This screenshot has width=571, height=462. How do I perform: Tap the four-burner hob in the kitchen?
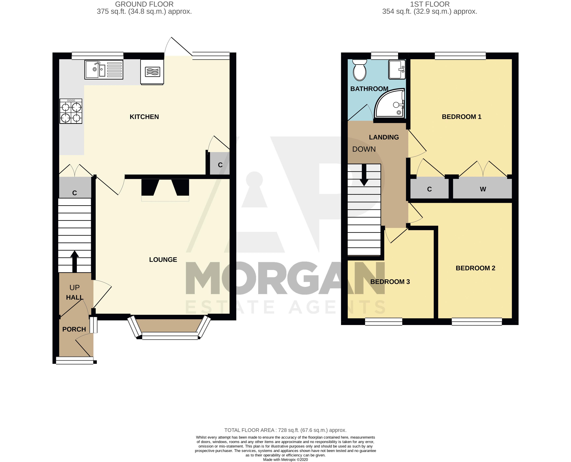(71, 111)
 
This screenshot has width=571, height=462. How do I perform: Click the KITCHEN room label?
(144, 117)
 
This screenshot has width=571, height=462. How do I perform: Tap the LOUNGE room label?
(163, 260)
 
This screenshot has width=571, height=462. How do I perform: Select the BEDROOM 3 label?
(390, 282)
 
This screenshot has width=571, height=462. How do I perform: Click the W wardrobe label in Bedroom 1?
(483, 189)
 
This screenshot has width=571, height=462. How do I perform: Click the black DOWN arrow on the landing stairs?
(364, 175)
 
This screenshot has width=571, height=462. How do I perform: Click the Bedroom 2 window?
(477, 322)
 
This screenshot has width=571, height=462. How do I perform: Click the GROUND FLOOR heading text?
(144, 4)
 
